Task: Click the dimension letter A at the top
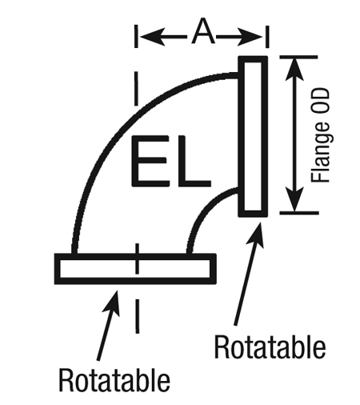click(203, 31)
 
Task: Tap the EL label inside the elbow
click(171, 161)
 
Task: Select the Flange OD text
click(321, 135)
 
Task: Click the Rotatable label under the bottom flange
click(114, 379)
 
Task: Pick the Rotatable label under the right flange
click(270, 346)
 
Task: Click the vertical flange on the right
click(253, 136)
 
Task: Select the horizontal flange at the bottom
click(135, 269)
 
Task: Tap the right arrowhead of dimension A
click(250, 36)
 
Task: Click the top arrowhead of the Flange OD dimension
click(294, 69)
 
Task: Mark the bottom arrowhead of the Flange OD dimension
click(294, 199)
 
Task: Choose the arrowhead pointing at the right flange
click(256, 235)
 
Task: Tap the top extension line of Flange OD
click(298, 57)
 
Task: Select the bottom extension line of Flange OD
click(299, 213)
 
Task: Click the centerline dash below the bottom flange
click(138, 316)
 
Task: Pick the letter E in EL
click(150, 161)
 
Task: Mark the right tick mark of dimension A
click(267, 37)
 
